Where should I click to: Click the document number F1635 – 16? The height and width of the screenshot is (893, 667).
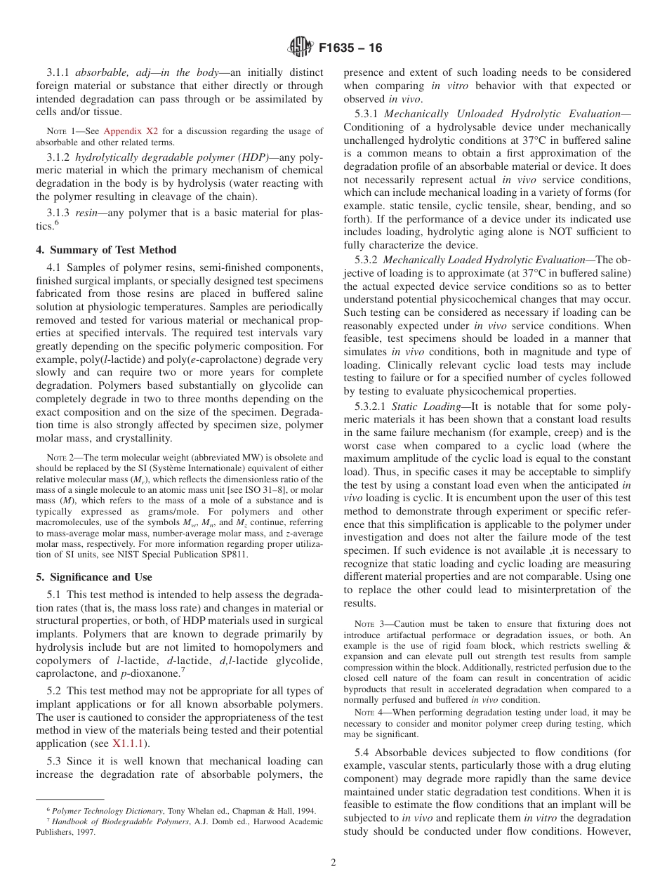350,48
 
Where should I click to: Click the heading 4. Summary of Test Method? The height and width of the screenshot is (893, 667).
106,250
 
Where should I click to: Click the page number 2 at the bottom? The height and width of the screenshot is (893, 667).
333,863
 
